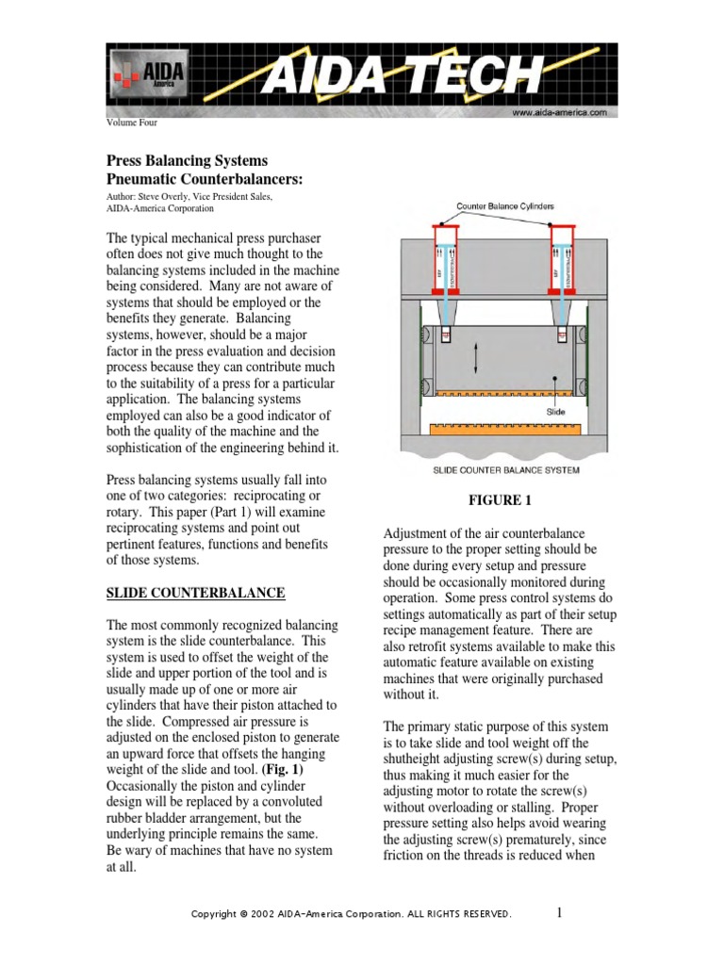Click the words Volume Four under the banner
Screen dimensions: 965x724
pos(131,123)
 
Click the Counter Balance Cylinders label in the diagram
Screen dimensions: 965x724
pos(505,205)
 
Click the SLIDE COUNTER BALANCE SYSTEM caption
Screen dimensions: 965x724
pos(505,469)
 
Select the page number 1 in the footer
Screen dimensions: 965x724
pos(559,912)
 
